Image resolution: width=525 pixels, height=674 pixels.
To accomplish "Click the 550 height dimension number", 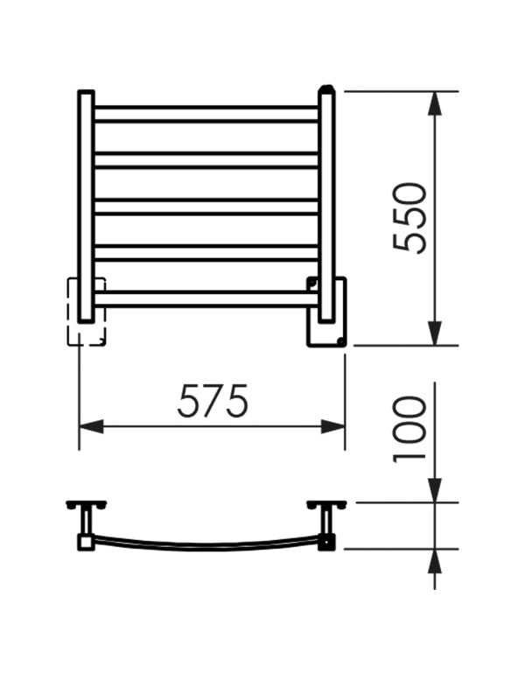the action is click(x=409, y=217).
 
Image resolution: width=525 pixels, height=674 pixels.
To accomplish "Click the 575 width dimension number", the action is click(x=213, y=401).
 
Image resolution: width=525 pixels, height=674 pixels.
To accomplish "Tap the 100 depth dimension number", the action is click(x=409, y=430).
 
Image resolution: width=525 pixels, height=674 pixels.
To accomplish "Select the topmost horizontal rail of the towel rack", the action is click(x=206, y=114).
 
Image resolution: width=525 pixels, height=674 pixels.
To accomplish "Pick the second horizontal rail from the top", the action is click(x=206, y=160).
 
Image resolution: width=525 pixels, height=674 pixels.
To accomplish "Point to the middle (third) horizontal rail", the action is click(x=206, y=207).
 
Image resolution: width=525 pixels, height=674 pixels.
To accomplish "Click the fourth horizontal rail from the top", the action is click(x=206, y=253).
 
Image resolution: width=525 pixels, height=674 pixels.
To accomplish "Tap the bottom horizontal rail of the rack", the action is click(x=206, y=299).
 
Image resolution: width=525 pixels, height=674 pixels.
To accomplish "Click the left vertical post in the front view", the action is click(x=86, y=207).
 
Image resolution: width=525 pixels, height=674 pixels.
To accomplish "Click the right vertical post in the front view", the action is click(x=327, y=204).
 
